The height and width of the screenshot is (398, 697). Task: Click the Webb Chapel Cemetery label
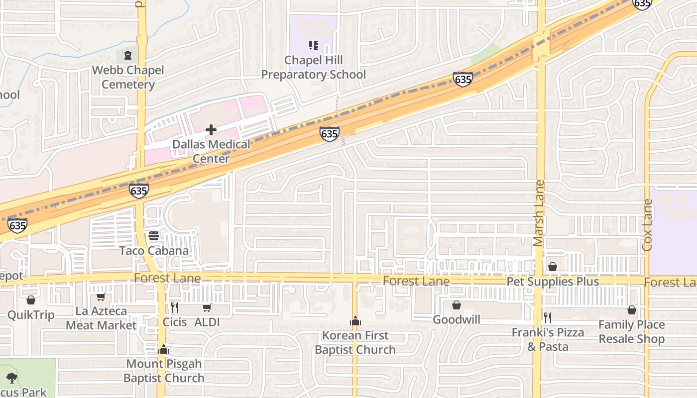coord(128,77)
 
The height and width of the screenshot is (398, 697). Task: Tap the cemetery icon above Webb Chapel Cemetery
coord(128,54)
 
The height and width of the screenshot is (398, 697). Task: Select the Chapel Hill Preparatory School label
coord(313,68)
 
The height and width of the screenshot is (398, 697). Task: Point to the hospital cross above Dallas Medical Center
coord(211,130)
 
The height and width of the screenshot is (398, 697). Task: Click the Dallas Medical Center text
coord(212,152)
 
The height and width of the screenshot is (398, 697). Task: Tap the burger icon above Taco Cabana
coord(154,235)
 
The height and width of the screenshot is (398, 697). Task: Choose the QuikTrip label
coord(31,315)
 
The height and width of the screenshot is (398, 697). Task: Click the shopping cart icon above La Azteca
coord(101,297)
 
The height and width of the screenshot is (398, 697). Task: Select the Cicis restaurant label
coord(175,322)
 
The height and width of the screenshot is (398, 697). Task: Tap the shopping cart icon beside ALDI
coord(207,308)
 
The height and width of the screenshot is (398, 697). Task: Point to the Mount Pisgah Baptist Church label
coord(164,371)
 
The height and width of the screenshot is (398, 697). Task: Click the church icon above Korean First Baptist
coord(355,321)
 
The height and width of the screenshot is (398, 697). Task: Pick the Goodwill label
coord(457,319)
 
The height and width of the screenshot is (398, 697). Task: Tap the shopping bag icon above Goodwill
coord(456,305)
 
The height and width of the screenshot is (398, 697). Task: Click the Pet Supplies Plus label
coord(553,282)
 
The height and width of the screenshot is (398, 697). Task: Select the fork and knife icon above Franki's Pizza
coord(548,317)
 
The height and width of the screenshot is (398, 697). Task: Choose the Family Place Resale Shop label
coord(631,332)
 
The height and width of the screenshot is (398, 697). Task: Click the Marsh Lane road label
coord(539,213)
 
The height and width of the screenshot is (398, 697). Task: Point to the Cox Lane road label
coord(647,225)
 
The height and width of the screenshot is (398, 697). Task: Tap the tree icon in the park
coord(11,378)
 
